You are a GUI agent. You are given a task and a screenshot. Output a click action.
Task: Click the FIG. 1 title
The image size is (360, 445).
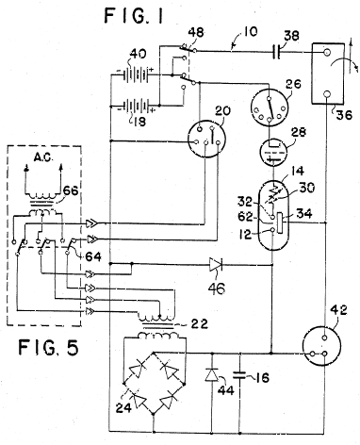(x=134, y=15)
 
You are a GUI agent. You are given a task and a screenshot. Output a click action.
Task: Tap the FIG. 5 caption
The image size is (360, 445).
(x=48, y=347)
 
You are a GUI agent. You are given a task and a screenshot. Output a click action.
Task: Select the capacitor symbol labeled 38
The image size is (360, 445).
(x=276, y=52)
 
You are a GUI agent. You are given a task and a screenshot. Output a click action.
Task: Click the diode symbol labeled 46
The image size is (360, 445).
(x=216, y=265)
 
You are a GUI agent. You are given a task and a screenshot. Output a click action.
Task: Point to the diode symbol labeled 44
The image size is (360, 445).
(x=211, y=374)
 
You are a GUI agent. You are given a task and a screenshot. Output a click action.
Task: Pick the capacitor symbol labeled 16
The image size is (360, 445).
(x=240, y=374)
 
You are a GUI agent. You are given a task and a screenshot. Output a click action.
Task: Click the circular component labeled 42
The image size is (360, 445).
(x=321, y=346)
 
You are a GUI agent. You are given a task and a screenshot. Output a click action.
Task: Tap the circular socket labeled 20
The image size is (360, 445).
(x=206, y=138)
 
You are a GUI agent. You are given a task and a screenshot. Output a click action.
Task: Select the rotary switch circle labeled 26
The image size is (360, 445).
(x=269, y=107)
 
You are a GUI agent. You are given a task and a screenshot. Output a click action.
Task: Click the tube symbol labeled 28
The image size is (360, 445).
(x=272, y=153)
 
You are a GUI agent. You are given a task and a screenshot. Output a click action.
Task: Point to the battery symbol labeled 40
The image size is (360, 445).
(x=137, y=75)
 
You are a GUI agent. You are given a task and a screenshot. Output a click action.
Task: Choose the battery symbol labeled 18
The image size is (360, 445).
(x=137, y=106)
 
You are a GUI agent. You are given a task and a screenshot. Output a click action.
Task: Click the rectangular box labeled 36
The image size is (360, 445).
(x=327, y=74)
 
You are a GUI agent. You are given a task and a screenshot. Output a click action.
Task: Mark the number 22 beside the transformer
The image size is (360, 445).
(x=199, y=323)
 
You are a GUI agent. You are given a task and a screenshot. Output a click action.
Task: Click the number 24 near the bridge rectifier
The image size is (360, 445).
(x=123, y=407)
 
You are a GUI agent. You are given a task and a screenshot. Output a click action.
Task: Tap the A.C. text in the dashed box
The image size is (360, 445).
(x=42, y=157)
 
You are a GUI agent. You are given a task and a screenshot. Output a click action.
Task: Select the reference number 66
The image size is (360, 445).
(x=71, y=190)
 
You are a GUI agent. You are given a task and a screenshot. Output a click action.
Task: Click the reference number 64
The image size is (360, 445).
(x=93, y=256)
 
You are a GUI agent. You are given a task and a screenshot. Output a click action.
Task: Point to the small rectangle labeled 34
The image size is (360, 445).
(x=281, y=222)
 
